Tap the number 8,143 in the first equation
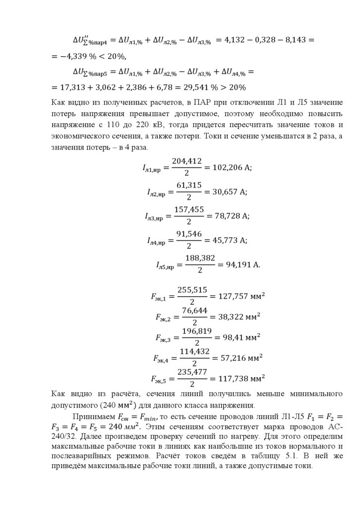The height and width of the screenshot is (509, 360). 297,38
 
